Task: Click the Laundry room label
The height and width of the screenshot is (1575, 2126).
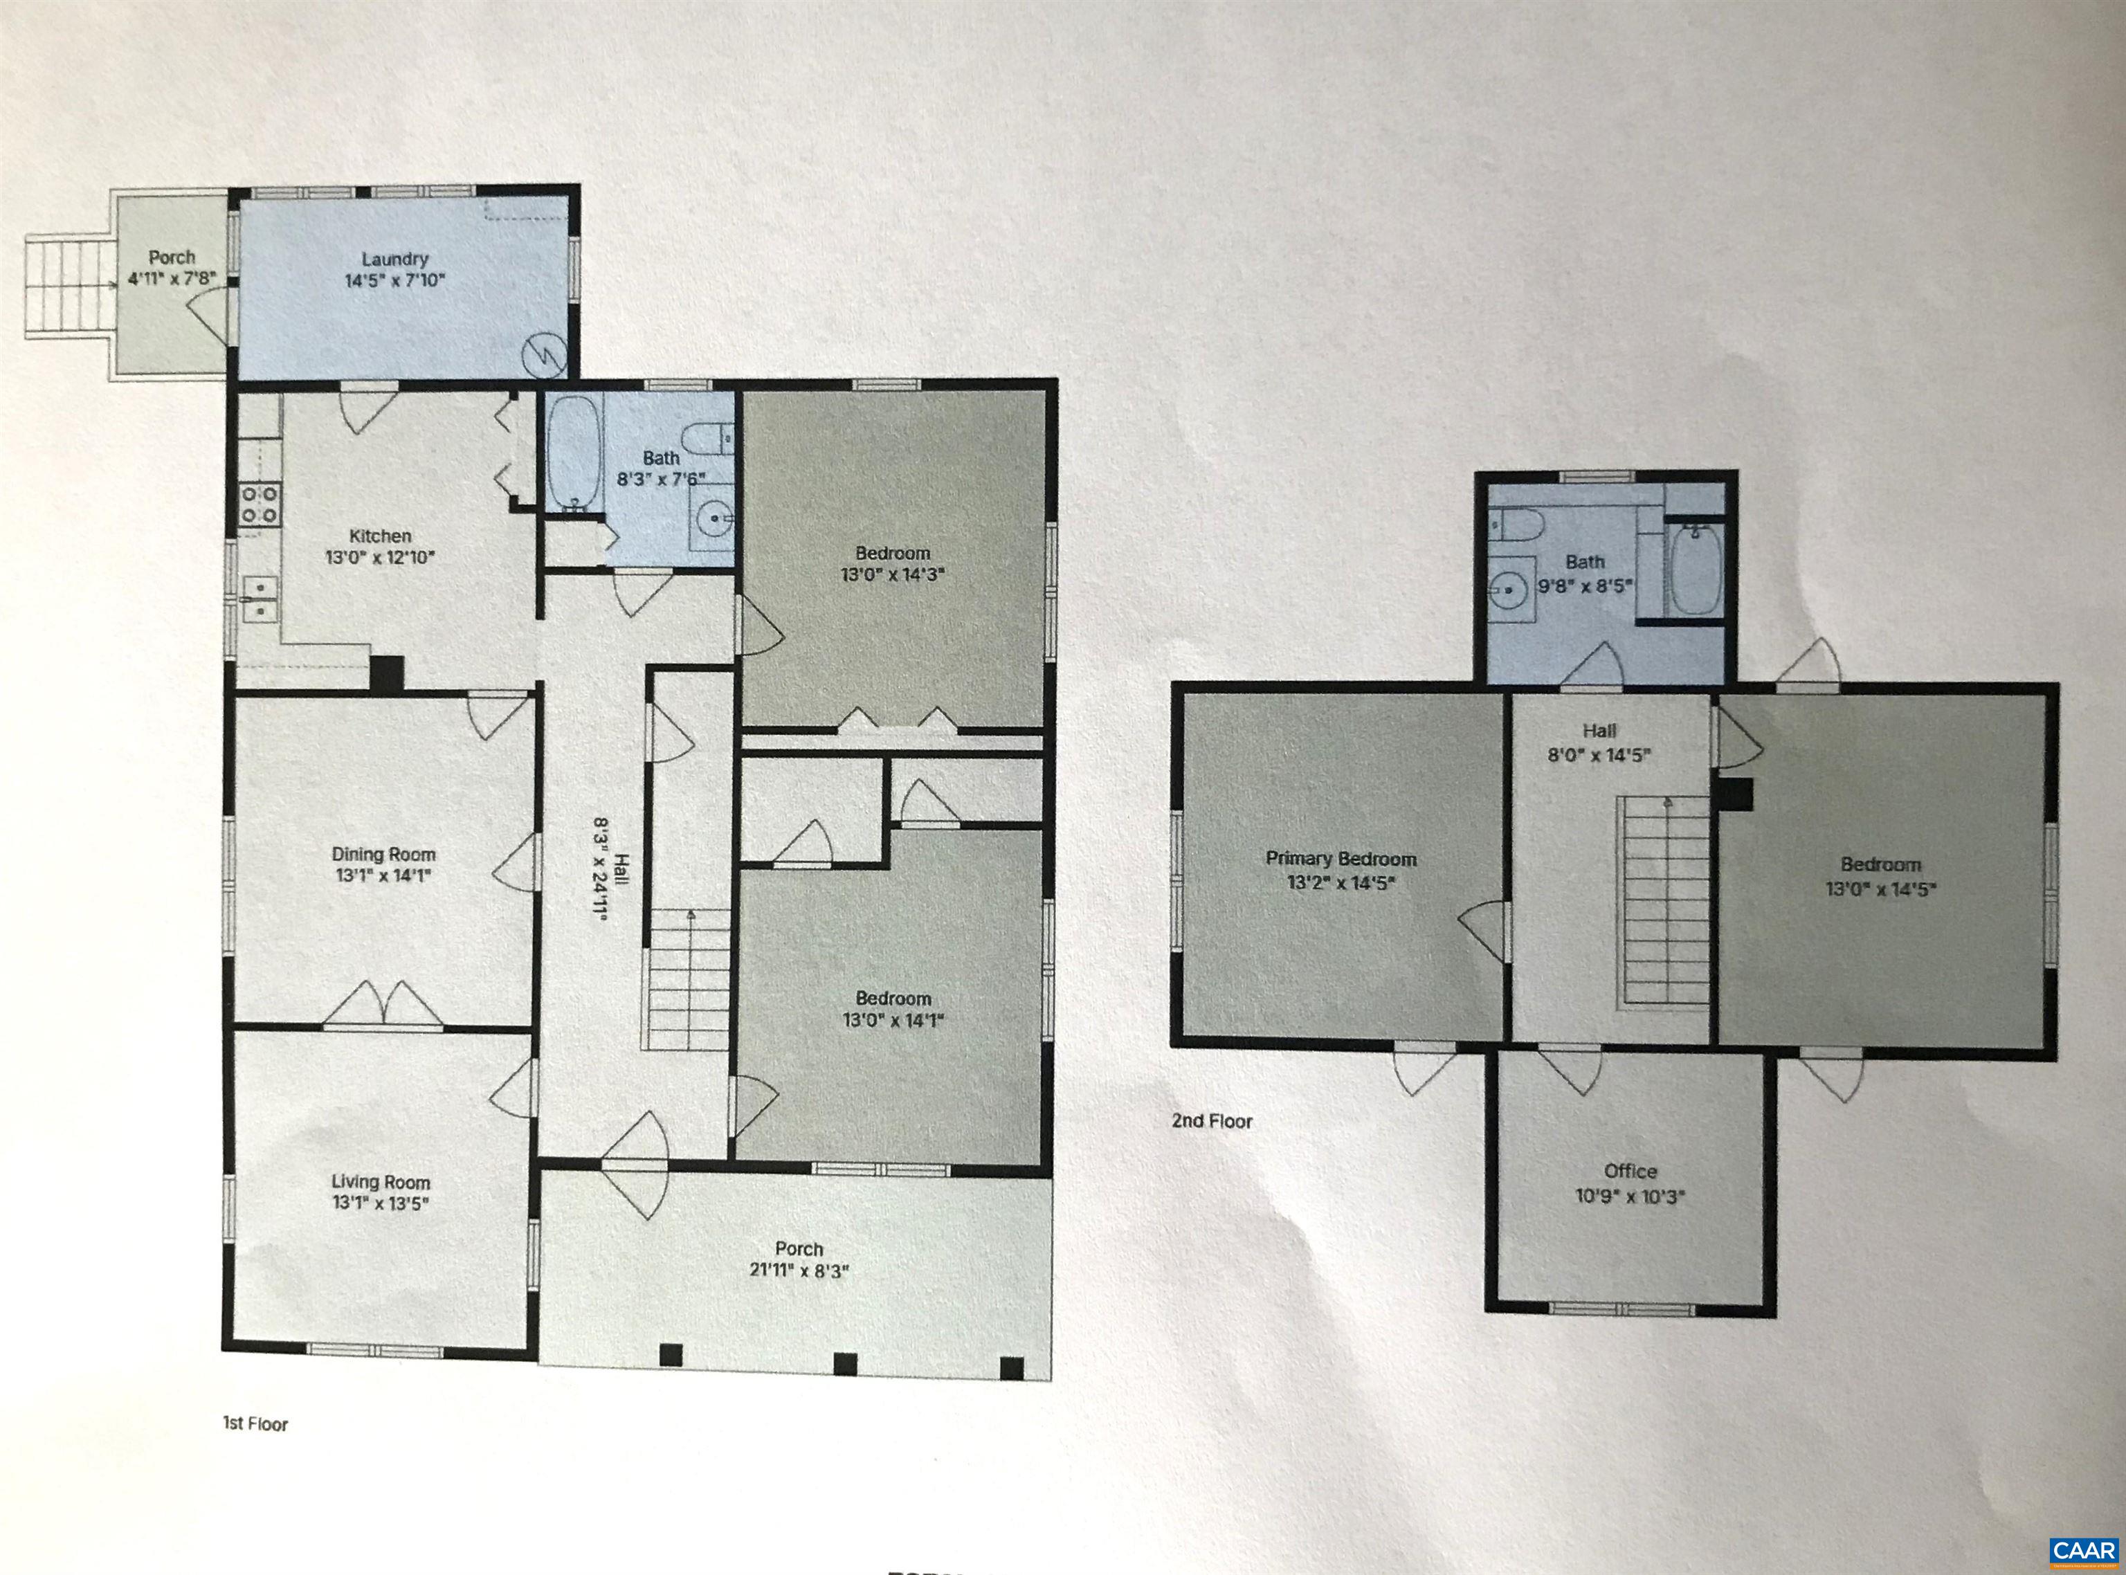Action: click(x=394, y=258)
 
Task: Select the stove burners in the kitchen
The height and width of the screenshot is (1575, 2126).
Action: click(x=260, y=504)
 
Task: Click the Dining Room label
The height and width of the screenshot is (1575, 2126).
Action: click(x=383, y=854)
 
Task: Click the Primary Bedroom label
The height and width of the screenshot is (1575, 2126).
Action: click(x=1341, y=858)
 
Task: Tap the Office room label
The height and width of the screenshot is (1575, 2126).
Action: click(x=1630, y=1171)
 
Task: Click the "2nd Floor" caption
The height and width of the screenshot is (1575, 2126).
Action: click(x=1212, y=1121)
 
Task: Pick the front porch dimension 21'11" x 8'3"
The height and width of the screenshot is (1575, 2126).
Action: click(x=799, y=1270)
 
